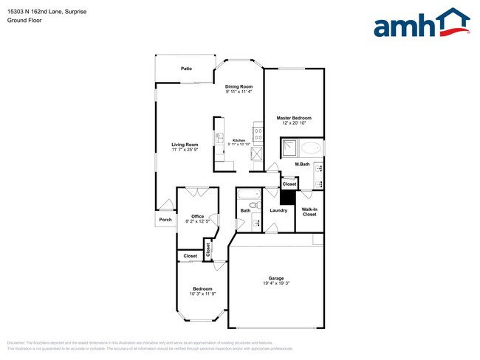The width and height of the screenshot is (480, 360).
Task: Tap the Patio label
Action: click(x=187, y=69)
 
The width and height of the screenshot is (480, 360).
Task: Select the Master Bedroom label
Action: click(x=294, y=118)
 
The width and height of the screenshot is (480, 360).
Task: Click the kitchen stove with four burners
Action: click(x=258, y=134)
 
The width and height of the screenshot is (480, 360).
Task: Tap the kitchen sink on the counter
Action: click(x=219, y=138)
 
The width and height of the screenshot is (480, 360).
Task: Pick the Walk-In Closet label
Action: click(x=309, y=212)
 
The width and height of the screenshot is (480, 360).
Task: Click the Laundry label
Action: click(x=278, y=210)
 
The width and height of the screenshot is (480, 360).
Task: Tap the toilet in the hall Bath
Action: click(x=253, y=204)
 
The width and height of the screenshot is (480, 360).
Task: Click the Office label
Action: click(x=197, y=216)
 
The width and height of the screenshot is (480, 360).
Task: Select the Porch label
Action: click(x=165, y=219)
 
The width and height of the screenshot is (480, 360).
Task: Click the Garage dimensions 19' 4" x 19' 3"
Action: click(x=276, y=283)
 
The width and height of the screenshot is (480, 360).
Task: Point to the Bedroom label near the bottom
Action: click(x=202, y=288)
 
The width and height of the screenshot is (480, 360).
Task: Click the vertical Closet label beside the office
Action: click(x=208, y=250)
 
